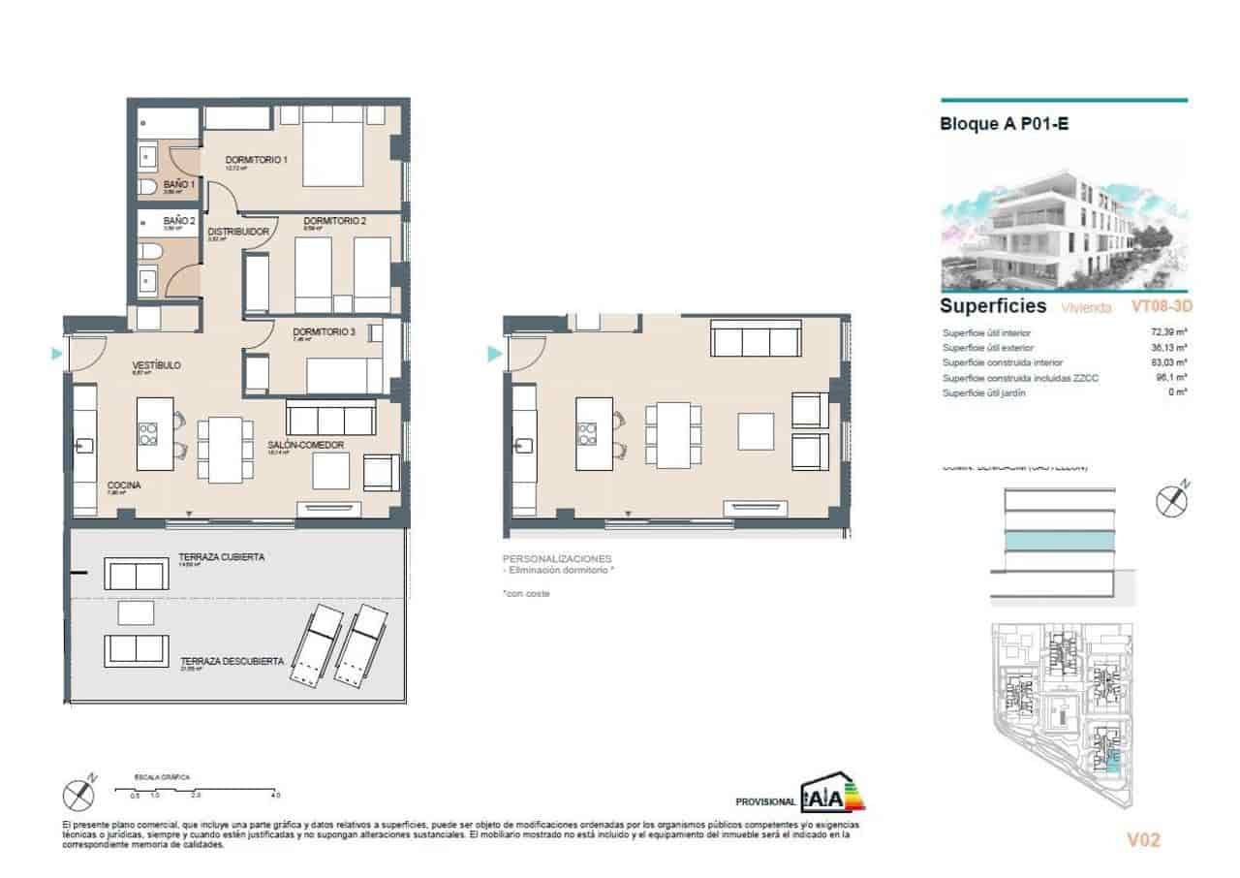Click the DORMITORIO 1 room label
click(x=257, y=160)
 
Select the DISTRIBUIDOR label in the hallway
click(x=237, y=232)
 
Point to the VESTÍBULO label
click(x=156, y=365)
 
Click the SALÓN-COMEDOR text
click(x=306, y=445)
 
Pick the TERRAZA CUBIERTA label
click(x=222, y=558)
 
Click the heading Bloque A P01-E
click(x=1004, y=124)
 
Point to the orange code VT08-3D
click(x=1161, y=306)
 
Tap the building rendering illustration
click(x=1064, y=230)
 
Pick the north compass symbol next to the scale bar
click(x=79, y=794)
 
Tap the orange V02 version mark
click(x=1143, y=840)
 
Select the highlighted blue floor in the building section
click(x=1058, y=540)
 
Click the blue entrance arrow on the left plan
click(x=56, y=356)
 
